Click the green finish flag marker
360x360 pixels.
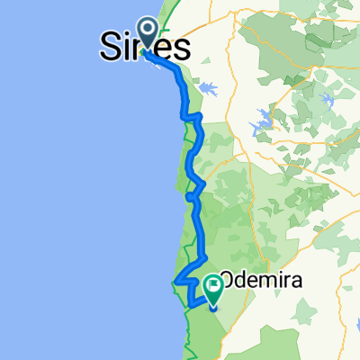pyautogui.click(x=214, y=288)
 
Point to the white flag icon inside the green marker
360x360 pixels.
pyautogui.click(x=214, y=285)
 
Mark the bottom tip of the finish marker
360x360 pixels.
pyautogui.click(x=214, y=307)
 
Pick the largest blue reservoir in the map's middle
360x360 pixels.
pyautogui.click(x=265, y=121)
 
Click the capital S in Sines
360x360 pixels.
pyautogui.click(x=109, y=48)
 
